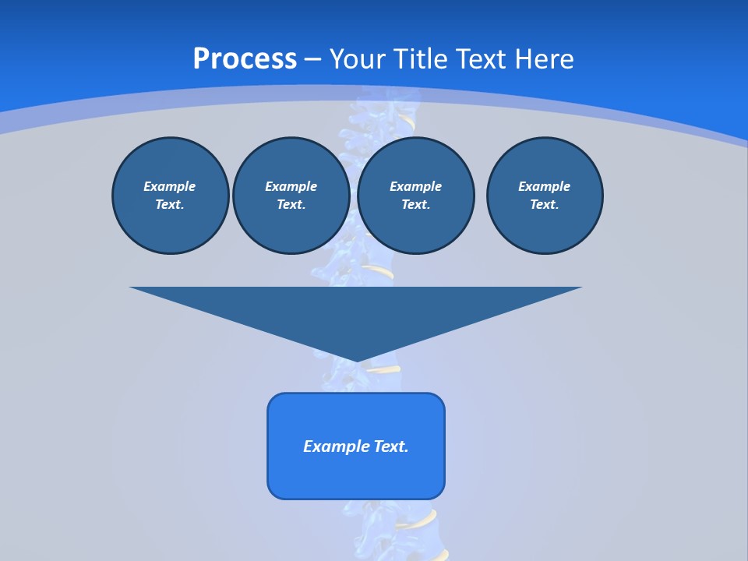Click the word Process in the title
(245, 58)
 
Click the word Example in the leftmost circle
(170, 186)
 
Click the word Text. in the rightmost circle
(545, 204)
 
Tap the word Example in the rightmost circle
(545, 186)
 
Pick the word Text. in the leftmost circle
(170, 204)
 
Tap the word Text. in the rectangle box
(392, 446)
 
